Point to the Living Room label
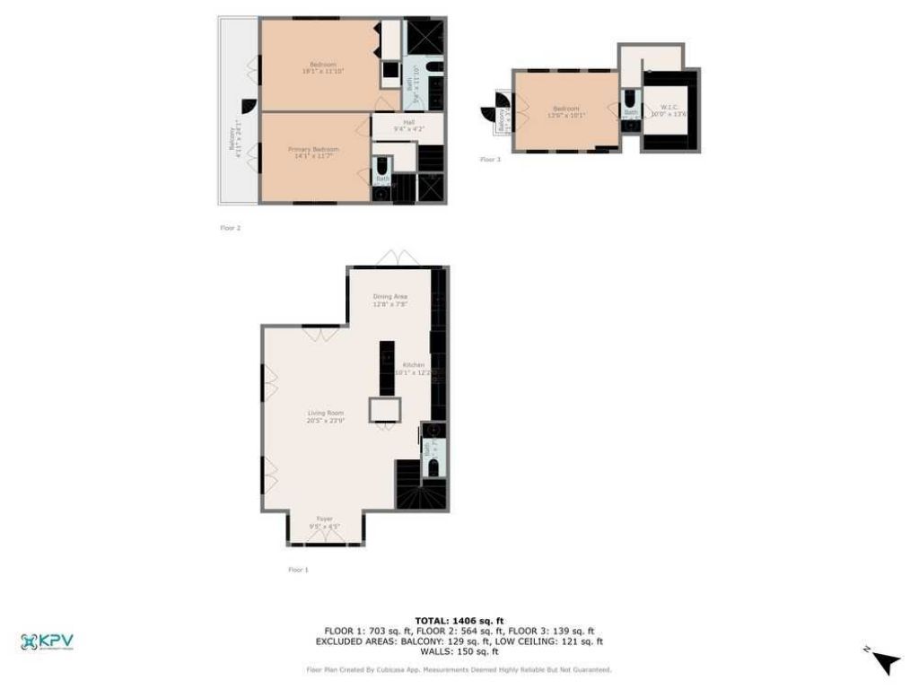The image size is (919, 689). pos(326,415)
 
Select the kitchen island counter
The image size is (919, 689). pos(386,368)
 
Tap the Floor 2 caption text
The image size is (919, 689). pos(231,228)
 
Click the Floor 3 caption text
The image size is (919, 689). pos(490,159)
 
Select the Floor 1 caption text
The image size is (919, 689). pos(298,570)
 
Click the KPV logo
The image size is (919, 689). pos(47,641)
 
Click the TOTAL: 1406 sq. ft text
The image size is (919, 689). pos(459,621)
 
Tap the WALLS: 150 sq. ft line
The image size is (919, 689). pos(459,651)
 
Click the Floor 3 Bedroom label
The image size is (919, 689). pos(566,111)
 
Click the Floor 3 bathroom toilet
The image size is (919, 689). pos(631,98)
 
